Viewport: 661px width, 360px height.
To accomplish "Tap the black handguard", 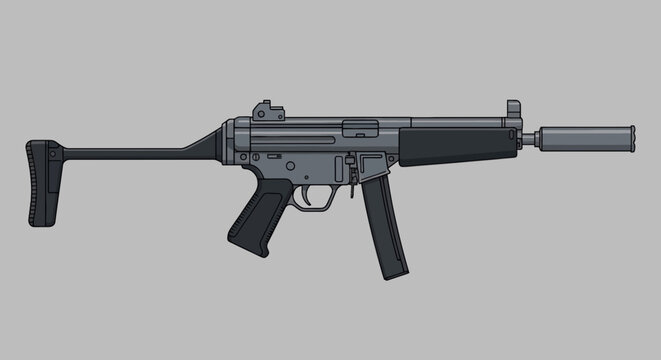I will coord(460,143).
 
